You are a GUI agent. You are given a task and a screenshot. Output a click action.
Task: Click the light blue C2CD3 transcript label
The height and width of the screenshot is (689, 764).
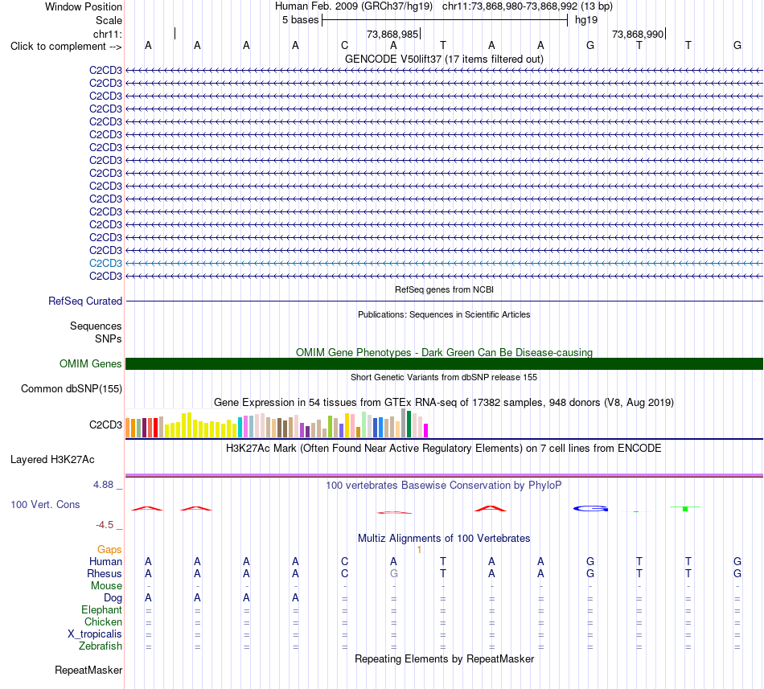click(x=105, y=264)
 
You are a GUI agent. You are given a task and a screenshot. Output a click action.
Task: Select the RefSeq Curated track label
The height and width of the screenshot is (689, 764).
click(x=85, y=301)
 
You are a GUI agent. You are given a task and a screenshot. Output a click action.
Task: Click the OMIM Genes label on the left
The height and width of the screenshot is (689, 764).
click(x=91, y=363)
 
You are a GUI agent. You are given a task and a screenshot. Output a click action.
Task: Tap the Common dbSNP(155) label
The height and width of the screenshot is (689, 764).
click(x=72, y=389)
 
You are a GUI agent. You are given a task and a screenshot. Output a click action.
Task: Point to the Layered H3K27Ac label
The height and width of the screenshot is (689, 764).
click(x=52, y=460)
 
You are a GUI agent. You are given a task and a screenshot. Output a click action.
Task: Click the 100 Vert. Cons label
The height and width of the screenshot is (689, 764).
click(x=45, y=504)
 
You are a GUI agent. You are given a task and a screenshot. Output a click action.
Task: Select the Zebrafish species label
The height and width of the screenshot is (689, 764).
click(x=101, y=646)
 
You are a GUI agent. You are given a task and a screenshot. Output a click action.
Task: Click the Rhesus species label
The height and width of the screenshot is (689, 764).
click(x=105, y=573)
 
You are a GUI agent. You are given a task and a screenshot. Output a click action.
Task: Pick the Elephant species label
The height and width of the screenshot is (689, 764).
click(x=102, y=610)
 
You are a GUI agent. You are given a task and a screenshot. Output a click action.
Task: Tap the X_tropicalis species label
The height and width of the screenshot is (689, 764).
click(x=95, y=634)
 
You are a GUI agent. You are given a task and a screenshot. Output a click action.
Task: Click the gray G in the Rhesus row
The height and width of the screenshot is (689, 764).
click(x=394, y=573)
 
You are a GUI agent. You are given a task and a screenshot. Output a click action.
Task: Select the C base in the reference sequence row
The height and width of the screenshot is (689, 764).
click(x=344, y=46)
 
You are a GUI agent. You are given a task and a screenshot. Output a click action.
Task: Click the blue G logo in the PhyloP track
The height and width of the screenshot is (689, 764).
click(x=590, y=509)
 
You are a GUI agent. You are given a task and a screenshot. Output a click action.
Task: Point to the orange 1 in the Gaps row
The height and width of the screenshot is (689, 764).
click(x=419, y=550)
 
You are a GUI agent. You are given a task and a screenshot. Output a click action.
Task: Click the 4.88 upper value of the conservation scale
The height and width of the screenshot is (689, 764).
click(x=103, y=485)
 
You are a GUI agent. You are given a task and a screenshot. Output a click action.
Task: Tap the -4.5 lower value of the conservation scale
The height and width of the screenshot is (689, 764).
click(x=105, y=525)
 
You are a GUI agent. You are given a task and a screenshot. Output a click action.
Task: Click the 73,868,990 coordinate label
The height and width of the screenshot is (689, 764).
click(x=638, y=34)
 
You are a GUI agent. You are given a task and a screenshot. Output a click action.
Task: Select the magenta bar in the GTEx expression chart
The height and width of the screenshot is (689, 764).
click(x=426, y=430)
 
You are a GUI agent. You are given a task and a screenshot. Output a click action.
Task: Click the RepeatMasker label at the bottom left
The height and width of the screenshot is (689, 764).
click(x=88, y=671)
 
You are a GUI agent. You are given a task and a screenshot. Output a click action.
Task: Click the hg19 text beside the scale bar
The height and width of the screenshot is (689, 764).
click(x=586, y=20)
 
